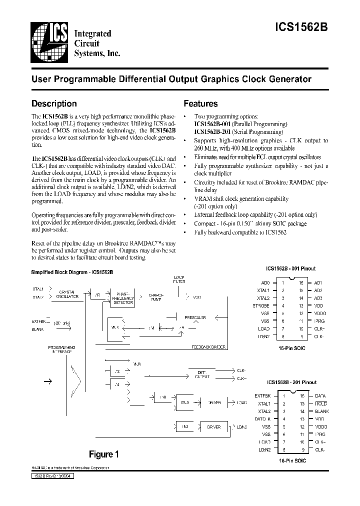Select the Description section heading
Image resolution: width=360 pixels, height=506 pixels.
tap(54, 104)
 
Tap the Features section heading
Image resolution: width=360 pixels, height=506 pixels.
tap(200, 104)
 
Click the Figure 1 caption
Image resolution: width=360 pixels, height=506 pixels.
tap(103, 454)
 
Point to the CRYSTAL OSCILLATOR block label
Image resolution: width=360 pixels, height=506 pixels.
tap(67, 294)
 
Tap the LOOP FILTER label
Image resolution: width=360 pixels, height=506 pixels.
tap(179, 279)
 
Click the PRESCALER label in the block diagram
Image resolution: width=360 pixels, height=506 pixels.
tap(195, 317)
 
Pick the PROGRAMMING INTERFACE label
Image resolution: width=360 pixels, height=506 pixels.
tap(61, 349)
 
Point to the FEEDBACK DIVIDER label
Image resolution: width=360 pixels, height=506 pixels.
tap(208, 346)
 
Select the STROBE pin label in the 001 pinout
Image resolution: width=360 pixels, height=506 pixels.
tap(261, 305)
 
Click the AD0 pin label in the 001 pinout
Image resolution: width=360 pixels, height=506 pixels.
tap(265, 282)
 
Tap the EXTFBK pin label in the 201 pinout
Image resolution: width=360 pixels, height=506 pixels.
tap(262, 396)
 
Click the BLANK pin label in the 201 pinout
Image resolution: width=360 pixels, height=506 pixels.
tap(321, 411)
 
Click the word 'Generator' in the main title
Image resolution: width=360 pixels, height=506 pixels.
tap(288, 79)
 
